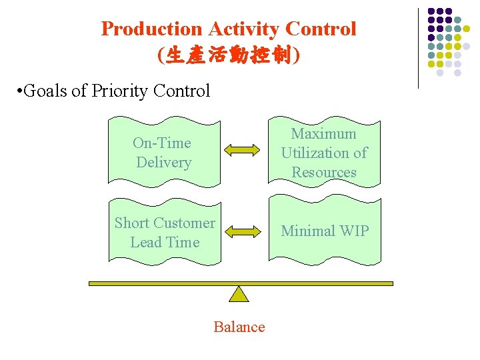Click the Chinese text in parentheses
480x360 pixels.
(x=229, y=55)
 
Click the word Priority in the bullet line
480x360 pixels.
(x=119, y=91)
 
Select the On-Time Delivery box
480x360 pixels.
(x=163, y=153)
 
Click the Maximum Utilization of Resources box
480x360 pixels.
(x=324, y=153)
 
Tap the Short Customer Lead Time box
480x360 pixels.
(x=165, y=232)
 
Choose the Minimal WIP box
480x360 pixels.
(x=324, y=231)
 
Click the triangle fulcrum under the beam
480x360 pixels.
(x=239, y=294)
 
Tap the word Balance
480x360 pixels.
(x=239, y=327)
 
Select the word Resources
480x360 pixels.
(x=324, y=172)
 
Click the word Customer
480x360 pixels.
(x=185, y=223)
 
